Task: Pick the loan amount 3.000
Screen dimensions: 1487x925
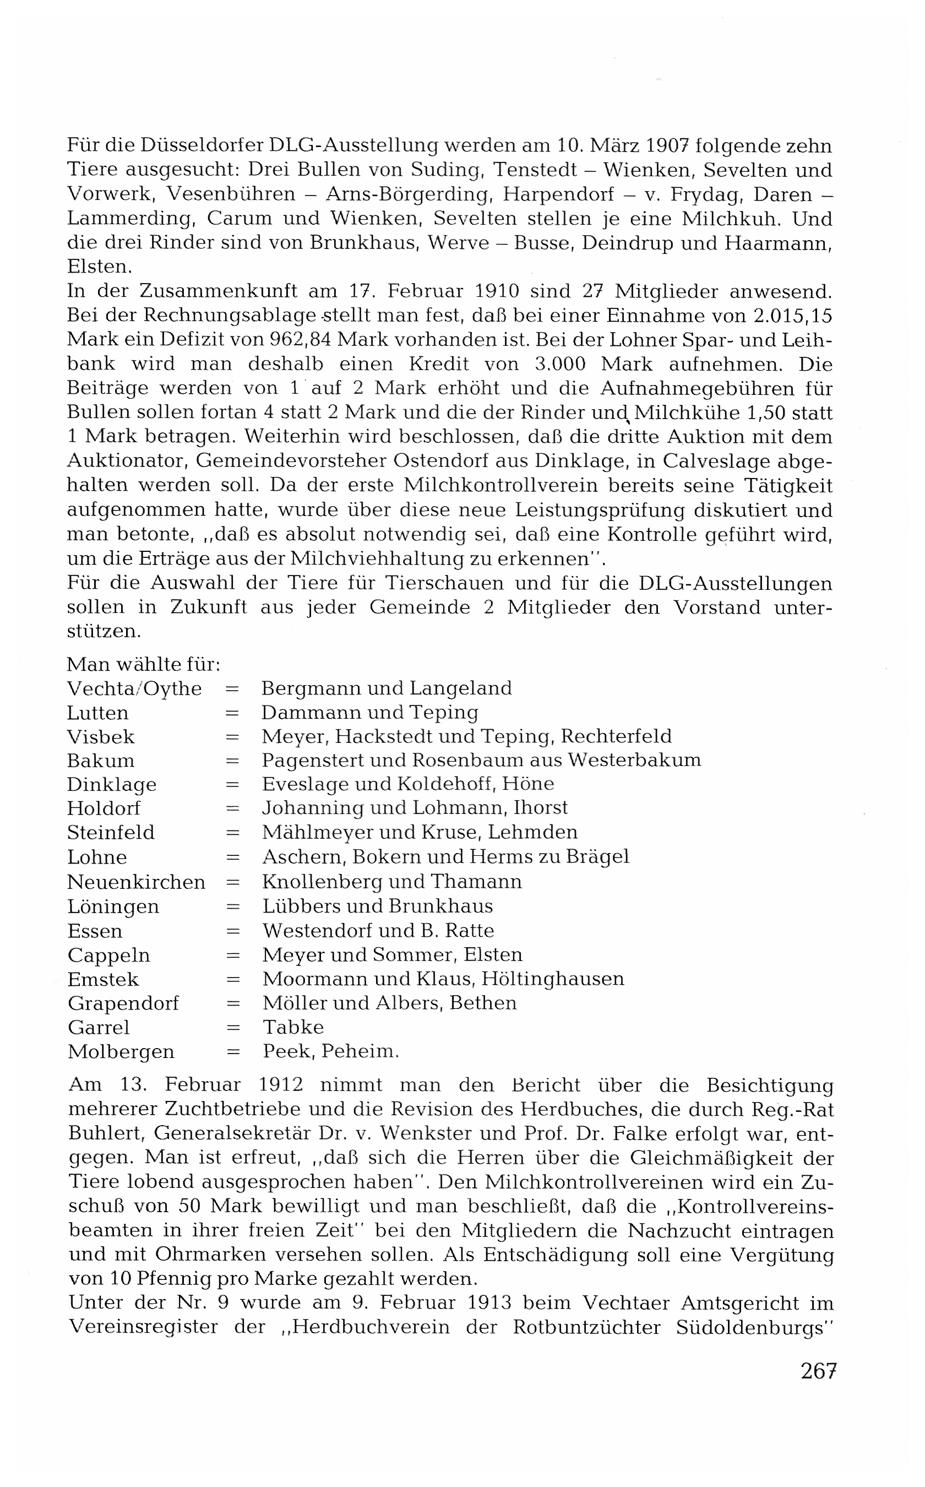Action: [560, 364]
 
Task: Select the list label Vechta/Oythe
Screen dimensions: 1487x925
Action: [134, 688]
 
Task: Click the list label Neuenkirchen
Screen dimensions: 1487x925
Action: [136, 882]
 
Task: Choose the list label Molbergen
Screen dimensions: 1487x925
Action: [121, 1051]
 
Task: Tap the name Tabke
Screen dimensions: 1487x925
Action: [293, 1027]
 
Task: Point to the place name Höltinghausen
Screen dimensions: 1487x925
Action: [552, 979]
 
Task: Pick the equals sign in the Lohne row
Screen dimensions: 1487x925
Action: [232, 858]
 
